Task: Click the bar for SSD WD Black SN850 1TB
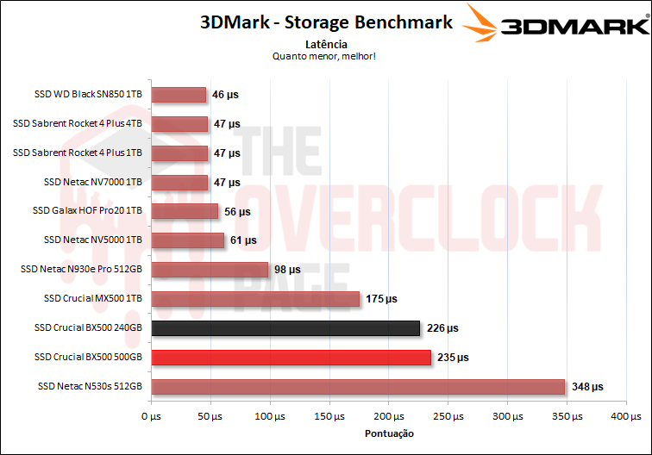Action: click(179, 95)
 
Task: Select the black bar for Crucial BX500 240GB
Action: click(285, 328)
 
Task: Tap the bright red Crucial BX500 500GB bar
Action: click(291, 357)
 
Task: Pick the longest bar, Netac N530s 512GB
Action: click(358, 386)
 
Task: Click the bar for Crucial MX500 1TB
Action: click(255, 299)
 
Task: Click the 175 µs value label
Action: click(380, 299)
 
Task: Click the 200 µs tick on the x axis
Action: click(389, 417)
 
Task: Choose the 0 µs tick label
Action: click(151, 417)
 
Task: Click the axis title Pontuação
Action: click(389, 433)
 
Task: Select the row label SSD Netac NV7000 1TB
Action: click(92, 182)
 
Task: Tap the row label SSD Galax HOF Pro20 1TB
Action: click(87, 211)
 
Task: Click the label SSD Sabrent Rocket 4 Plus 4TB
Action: click(78, 124)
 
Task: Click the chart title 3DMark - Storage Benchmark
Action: click(326, 22)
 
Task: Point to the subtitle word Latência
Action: click(326, 43)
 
